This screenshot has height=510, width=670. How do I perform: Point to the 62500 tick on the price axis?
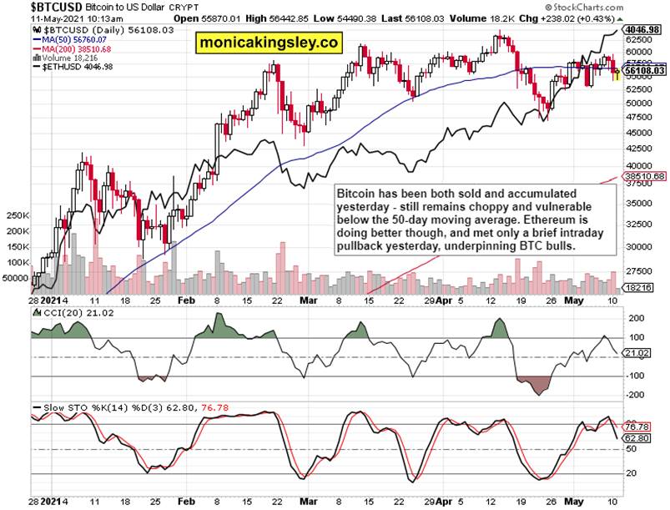coord(639,39)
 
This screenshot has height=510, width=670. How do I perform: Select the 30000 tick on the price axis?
coord(639,247)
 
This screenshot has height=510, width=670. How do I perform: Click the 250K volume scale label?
coord(18,215)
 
